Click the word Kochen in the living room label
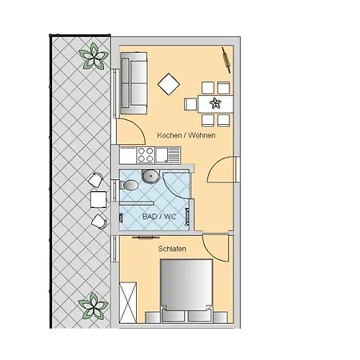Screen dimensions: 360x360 point(170,135)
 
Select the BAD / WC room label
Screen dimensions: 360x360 point(154,217)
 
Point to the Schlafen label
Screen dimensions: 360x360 point(173,250)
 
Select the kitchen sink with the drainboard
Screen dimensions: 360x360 point(170,155)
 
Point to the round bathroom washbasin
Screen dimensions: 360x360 point(150,178)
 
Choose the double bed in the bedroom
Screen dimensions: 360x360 point(187,292)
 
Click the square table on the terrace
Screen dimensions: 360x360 point(98,198)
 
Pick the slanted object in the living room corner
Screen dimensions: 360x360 point(225,57)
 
